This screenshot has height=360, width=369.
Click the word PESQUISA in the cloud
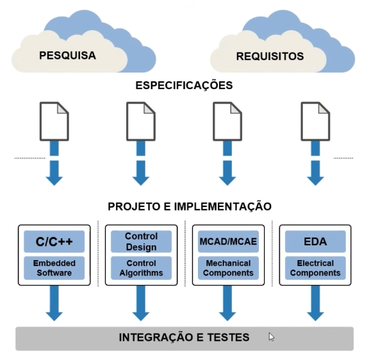point(67,56)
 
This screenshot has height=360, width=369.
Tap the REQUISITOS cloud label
point(270,56)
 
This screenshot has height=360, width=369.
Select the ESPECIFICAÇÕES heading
point(184,85)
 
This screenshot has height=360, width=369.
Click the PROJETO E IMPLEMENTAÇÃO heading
point(190,206)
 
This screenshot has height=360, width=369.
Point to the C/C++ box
point(54,241)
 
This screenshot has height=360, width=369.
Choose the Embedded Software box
point(54,268)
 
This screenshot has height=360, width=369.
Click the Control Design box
point(141,241)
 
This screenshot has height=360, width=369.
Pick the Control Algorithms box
point(141,268)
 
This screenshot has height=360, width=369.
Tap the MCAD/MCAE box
point(228,241)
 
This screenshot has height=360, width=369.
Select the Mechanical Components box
point(228,268)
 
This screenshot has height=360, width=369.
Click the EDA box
point(315,241)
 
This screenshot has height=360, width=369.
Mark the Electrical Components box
point(315,268)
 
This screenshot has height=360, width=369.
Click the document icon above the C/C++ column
point(54,122)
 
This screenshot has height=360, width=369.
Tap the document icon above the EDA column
point(315,122)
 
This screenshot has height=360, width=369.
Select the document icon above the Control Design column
point(141,122)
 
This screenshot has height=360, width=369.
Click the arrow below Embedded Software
point(54,303)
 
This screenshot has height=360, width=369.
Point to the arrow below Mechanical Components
point(227,303)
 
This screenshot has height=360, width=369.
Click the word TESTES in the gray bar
point(228,337)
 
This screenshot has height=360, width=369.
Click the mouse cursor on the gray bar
point(272,337)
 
